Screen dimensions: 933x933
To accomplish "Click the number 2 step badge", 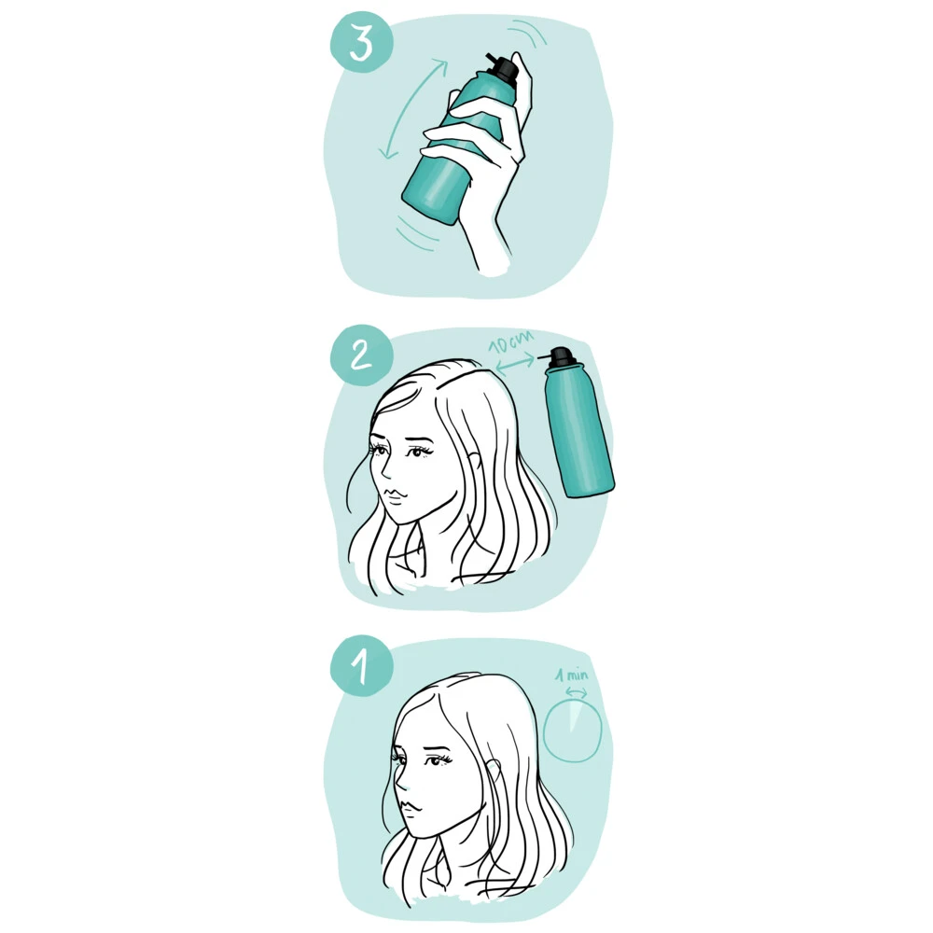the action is click(361, 355).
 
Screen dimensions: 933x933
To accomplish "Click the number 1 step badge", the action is click(361, 666).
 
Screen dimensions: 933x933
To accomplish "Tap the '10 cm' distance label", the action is click(510, 343).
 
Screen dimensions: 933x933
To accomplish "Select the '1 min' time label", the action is click(572, 675).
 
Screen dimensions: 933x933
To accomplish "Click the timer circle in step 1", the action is click(544, 731).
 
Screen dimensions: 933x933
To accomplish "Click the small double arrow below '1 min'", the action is click(576, 691).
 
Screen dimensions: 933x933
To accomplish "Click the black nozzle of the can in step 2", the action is click(559, 356).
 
